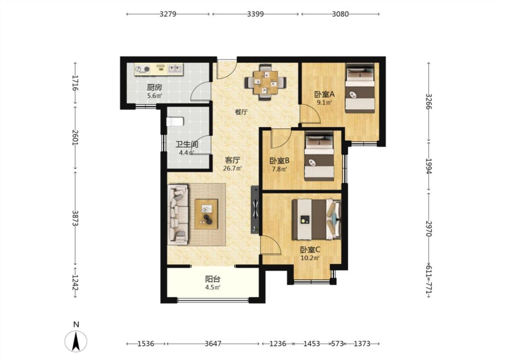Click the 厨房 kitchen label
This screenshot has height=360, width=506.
(x=154, y=87)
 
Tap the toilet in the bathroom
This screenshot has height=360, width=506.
(x=175, y=121)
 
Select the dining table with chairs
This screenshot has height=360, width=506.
(x=265, y=83)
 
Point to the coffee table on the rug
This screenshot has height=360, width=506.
(x=206, y=214)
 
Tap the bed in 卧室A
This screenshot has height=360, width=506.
(x=360, y=88)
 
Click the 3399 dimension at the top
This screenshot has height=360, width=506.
(x=255, y=14)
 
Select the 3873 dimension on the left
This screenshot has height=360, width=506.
(x=75, y=218)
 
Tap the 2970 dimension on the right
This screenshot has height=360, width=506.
(x=428, y=229)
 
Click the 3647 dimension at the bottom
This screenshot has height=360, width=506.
(x=213, y=343)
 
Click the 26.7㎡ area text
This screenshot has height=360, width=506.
(x=233, y=168)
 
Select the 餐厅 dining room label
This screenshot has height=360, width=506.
(x=242, y=112)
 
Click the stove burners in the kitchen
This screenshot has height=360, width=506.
(x=143, y=69)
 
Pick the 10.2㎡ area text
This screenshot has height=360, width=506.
(x=310, y=258)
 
